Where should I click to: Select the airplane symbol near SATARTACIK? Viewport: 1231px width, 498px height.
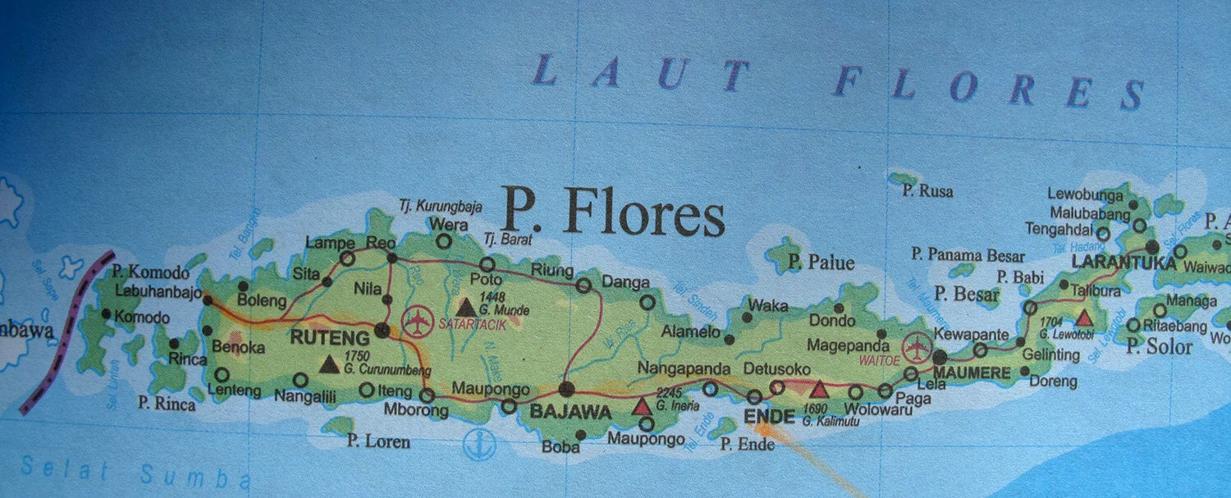tap(418, 321)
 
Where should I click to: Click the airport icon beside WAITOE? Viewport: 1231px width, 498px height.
tap(916, 348)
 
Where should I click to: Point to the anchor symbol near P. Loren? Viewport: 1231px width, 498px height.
tap(475, 444)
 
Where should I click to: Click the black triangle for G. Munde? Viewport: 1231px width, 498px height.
tap(466, 308)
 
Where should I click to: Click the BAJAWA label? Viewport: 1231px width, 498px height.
tap(571, 412)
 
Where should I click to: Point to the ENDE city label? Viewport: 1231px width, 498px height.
tap(769, 416)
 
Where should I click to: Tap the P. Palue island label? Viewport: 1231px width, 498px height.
tap(821, 263)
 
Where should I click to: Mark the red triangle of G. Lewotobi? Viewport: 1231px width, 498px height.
tap(1085, 318)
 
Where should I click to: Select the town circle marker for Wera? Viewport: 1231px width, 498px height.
tap(443, 241)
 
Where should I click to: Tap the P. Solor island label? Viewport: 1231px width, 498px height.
tap(1159, 347)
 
